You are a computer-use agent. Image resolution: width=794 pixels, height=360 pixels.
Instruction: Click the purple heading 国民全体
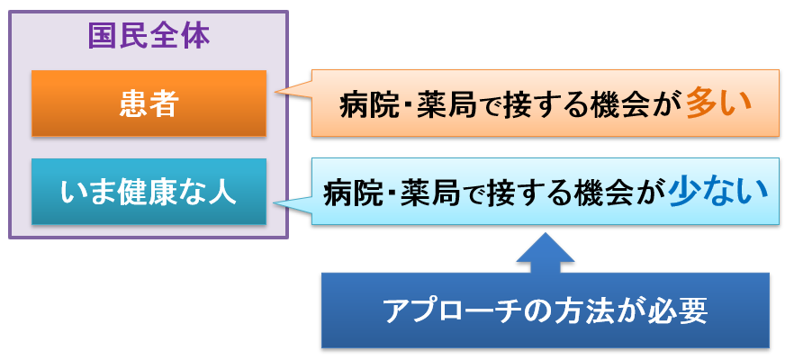[x=149, y=37]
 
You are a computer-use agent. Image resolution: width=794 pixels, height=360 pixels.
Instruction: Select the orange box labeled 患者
[x=149, y=103]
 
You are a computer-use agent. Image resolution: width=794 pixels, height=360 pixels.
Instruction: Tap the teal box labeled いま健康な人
[x=149, y=192]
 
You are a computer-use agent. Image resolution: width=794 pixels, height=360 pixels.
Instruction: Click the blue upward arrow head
[x=546, y=247]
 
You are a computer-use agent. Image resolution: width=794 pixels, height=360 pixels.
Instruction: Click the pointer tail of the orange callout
[x=275, y=92]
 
